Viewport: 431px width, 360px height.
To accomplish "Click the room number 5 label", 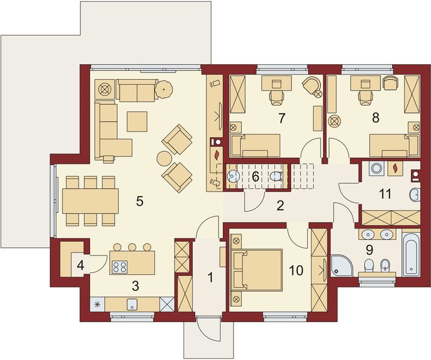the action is [x=140, y=202].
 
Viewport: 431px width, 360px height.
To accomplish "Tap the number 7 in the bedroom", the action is [x=281, y=118].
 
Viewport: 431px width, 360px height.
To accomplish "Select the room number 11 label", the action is [x=385, y=194].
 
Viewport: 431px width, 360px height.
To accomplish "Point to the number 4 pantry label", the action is [x=80, y=265].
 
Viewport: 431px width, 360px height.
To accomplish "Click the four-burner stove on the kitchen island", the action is [x=120, y=266].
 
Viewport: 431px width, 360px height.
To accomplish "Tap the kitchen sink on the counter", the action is [x=132, y=304].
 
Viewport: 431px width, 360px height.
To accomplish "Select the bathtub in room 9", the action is [x=411, y=254].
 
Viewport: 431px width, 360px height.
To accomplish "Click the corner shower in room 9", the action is [x=341, y=266].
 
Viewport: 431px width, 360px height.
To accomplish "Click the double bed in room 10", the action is [x=258, y=269].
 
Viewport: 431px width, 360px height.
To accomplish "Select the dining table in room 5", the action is [x=91, y=201].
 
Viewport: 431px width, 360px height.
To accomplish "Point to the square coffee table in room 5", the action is [x=137, y=121].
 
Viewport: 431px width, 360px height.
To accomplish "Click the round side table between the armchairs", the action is [x=164, y=159].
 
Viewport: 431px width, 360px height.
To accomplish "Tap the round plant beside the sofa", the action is [x=164, y=89].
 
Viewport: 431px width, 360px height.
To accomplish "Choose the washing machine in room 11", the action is [x=376, y=168].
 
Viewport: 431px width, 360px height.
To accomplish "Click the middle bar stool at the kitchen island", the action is [x=132, y=247].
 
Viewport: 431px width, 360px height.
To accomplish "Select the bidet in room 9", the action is [x=384, y=265].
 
